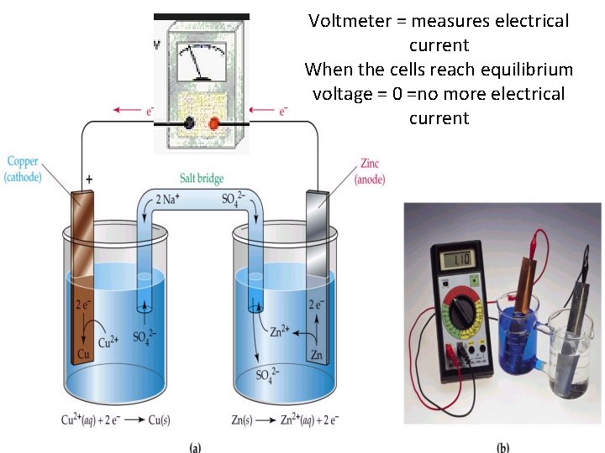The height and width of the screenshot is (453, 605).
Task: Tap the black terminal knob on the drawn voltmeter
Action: pyautogui.click(x=192, y=123)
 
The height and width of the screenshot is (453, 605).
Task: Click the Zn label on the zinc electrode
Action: pyautogui.click(x=316, y=356)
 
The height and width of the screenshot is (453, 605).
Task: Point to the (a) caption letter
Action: pyautogui.click(x=196, y=446)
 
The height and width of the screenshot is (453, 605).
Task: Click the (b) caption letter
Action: pyautogui.click(x=502, y=446)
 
